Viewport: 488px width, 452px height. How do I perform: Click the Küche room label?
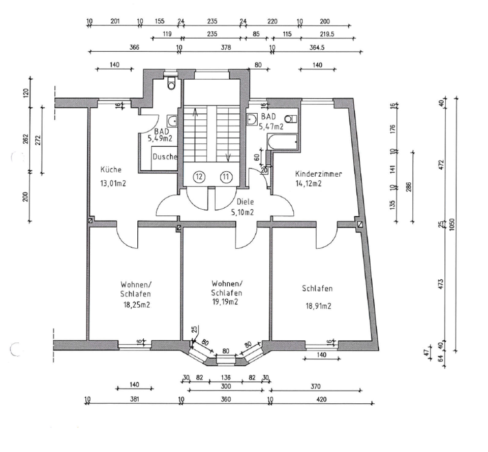[111, 170]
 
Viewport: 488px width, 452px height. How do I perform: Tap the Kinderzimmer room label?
[319, 174]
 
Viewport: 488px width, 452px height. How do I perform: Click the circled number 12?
[199, 177]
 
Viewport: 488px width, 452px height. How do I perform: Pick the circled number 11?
[226, 177]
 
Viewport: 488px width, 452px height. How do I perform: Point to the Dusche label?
[165, 157]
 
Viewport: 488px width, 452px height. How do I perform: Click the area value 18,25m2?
[135, 305]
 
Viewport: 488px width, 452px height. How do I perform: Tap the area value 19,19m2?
[226, 302]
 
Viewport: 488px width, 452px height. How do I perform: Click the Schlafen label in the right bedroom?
[317, 288]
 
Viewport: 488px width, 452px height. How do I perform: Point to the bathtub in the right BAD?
[283, 143]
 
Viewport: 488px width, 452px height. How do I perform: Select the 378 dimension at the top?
[226, 47]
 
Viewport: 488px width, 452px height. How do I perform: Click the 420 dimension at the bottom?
[321, 399]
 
